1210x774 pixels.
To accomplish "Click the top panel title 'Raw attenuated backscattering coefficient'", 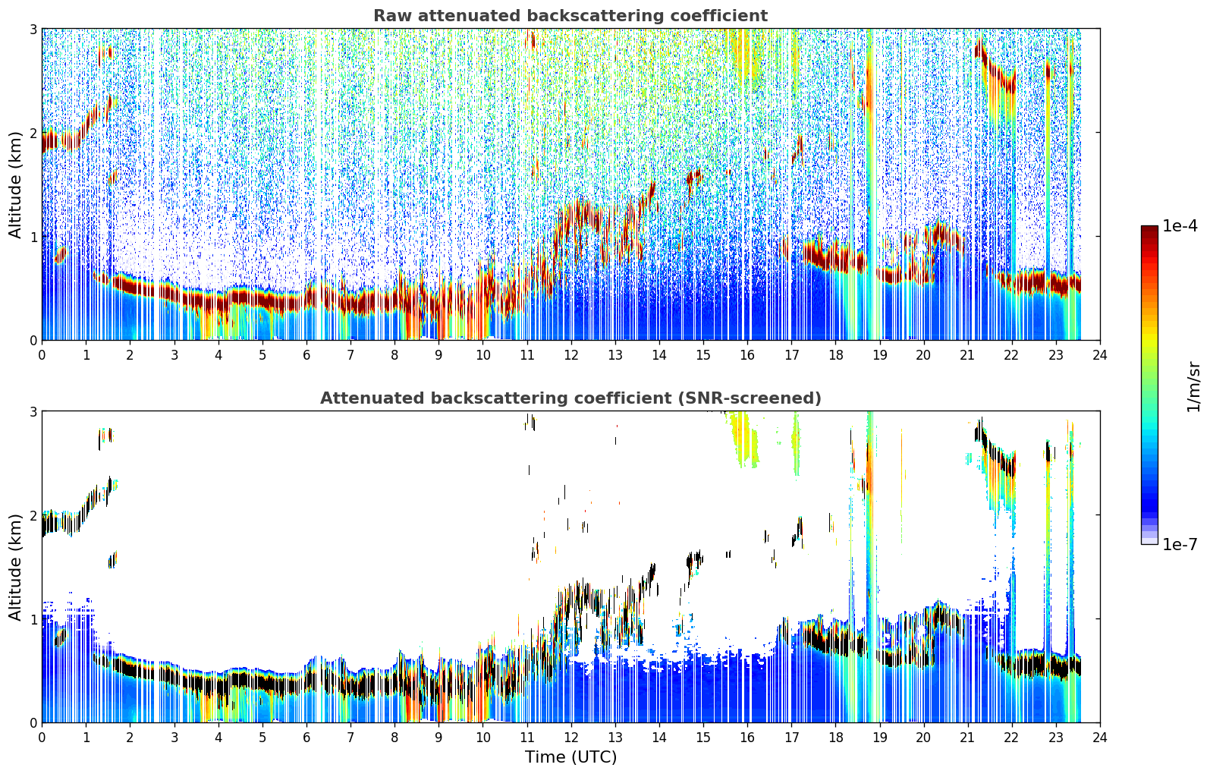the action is (x=570, y=16).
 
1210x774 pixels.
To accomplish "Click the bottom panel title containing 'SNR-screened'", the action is (x=570, y=398).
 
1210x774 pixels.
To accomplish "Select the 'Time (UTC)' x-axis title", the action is (x=570, y=757).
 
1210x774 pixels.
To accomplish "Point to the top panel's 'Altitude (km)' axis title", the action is (x=15, y=185).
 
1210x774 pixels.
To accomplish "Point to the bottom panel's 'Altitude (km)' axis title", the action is (x=15, y=567).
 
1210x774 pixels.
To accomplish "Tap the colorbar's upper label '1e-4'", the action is (x=1180, y=226).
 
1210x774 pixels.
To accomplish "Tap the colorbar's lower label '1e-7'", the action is (x=1180, y=544).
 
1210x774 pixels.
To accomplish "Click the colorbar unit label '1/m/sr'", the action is (x=1193, y=387).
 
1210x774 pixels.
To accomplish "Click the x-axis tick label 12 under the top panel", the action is (x=571, y=355).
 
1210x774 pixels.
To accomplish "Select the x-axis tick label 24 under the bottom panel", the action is (x=1100, y=738).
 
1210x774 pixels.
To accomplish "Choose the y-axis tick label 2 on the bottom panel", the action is (x=33, y=515).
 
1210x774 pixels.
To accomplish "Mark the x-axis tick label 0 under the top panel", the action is (x=42, y=355).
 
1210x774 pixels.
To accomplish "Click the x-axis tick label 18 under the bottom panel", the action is (x=836, y=738).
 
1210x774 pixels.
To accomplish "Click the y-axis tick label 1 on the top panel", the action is (x=33, y=237).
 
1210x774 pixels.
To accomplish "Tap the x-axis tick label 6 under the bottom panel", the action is (x=306, y=738).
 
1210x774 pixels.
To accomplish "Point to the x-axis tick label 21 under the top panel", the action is (x=967, y=355).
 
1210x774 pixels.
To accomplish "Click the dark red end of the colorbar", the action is (x=1149, y=229).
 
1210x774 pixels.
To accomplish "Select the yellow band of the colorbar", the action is (x=1149, y=335).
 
